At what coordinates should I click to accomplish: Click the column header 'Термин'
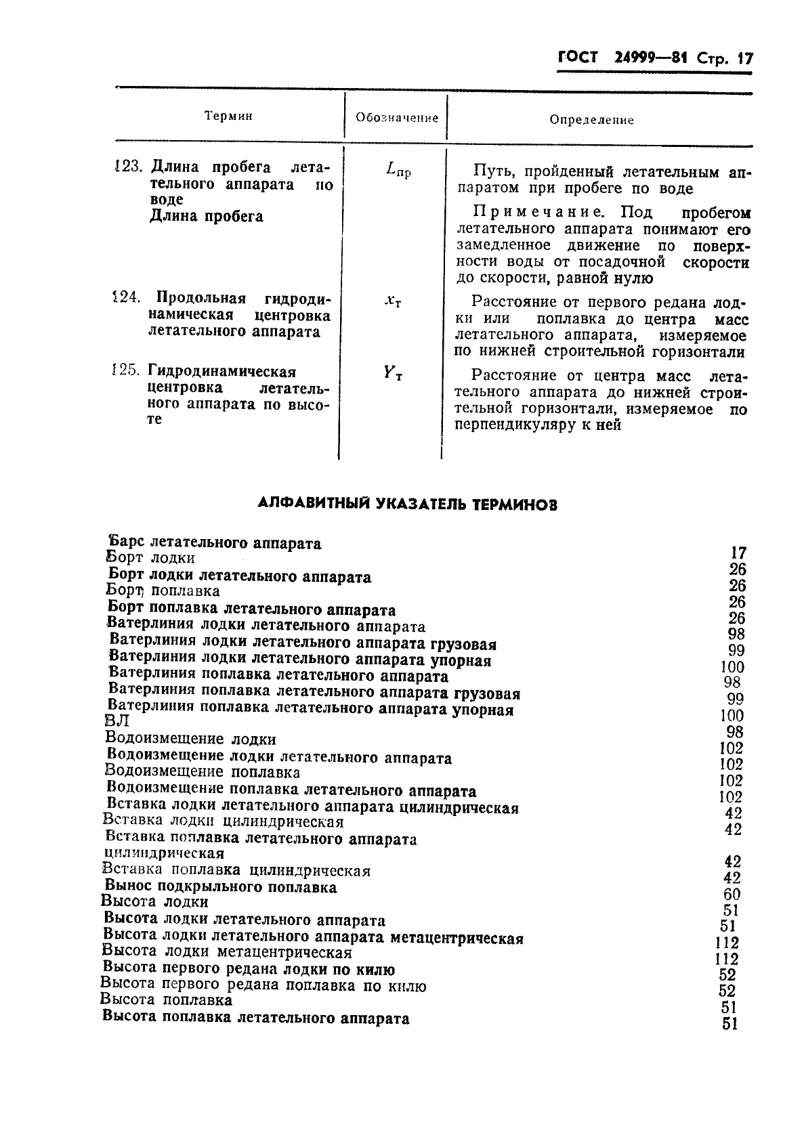(228, 116)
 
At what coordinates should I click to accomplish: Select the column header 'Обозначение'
(397, 118)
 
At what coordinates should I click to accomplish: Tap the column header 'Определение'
(591, 120)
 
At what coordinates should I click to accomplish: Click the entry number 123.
(127, 167)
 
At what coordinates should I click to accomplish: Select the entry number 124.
(127, 297)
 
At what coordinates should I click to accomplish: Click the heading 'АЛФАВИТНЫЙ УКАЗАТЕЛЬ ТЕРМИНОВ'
(408, 504)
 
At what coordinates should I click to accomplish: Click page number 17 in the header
(744, 59)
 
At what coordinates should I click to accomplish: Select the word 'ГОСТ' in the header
(578, 58)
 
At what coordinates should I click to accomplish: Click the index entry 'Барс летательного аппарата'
(215, 543)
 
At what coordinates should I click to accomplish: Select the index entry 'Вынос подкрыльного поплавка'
(220, 886)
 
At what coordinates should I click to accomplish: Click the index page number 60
(732, 894)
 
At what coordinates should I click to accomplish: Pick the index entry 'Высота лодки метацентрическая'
(226, 952)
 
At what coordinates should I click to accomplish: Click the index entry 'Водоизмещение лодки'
(191, 739)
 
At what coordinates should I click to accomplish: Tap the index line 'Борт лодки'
(150, 559)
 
